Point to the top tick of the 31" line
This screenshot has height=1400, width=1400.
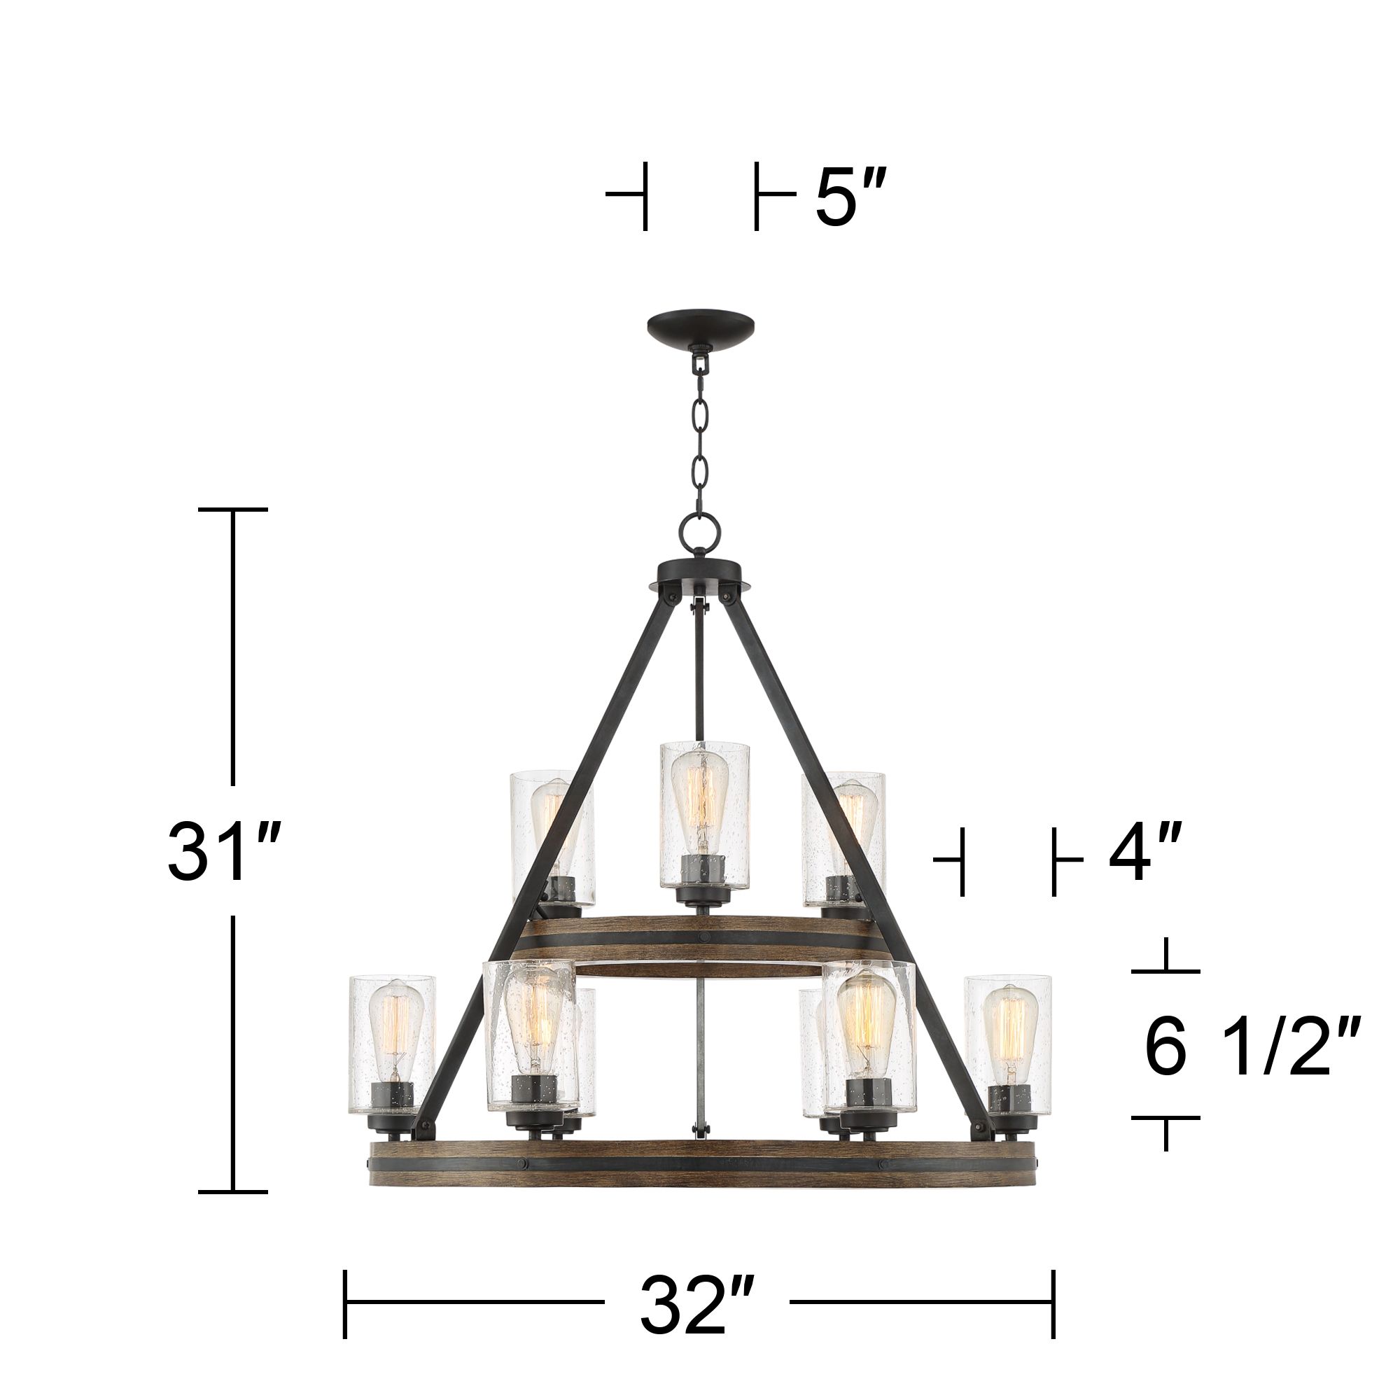click(232, 510)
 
